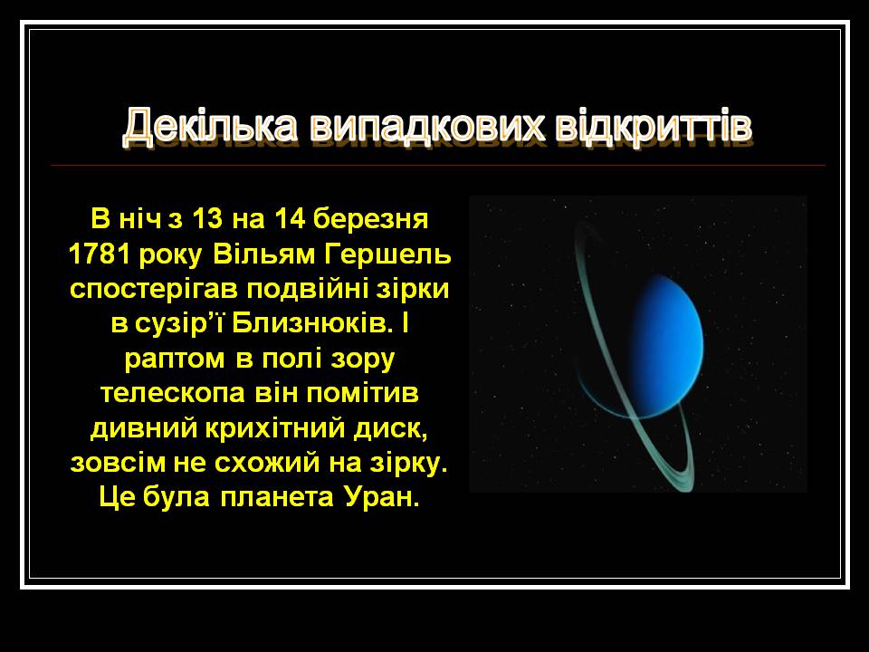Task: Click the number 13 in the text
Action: pos(207,218)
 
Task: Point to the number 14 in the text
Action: pos(290,218)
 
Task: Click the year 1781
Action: pos(100,254)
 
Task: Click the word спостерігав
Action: pos(155,290)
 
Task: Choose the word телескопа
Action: pos(173,394)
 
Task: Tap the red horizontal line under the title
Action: pos(438,165)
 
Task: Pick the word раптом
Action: pos(175,360)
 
